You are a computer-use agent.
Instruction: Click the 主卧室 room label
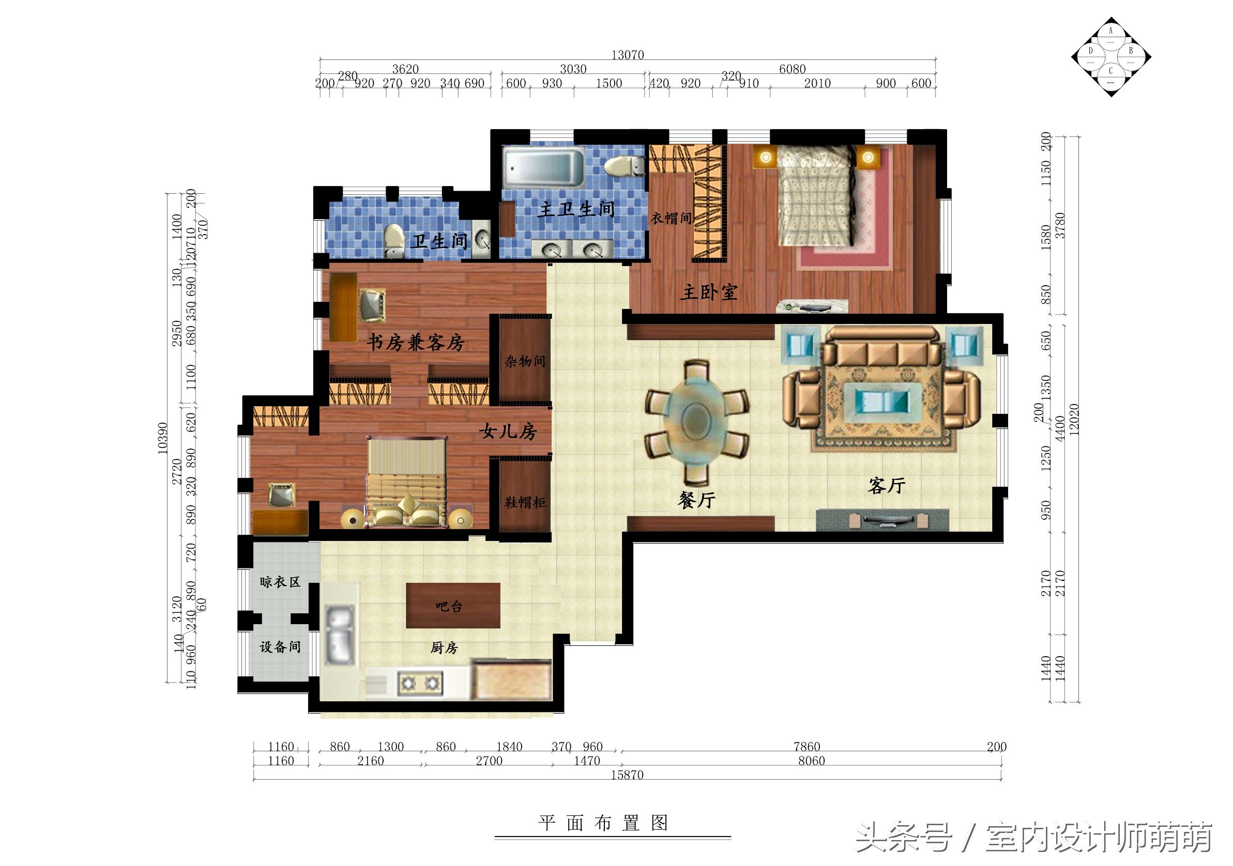pos(709,292)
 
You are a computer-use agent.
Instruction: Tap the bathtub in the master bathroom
pos(543,168)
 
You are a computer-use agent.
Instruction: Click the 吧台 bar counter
pos(453,606)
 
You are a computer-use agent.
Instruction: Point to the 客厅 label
pos(887,485)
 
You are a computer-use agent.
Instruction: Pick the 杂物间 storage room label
pos(525,361)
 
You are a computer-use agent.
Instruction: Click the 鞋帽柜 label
pos(525,503)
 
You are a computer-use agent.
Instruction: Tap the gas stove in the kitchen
pos(419,684)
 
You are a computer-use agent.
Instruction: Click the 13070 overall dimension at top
pos(627,55)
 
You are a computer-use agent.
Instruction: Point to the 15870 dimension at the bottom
pos(627,775)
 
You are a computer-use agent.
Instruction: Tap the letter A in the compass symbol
pos(1110,31)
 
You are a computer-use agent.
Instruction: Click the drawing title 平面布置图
pos(604,823)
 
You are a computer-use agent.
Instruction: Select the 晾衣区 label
pos(280,582)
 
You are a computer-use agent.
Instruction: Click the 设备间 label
pos(280,647)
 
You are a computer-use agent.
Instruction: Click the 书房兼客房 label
pos(416,342)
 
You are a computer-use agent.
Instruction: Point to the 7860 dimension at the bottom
pos(806,746)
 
